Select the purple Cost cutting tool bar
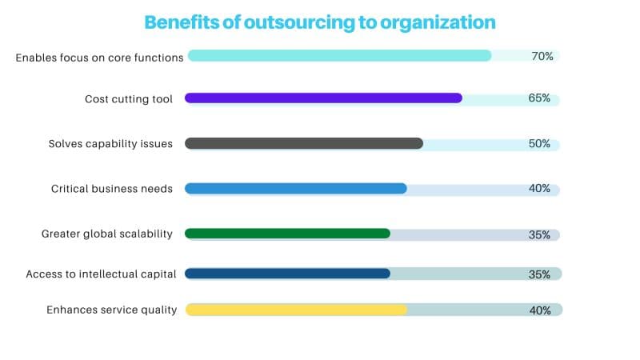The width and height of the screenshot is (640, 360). [x=323, y=98]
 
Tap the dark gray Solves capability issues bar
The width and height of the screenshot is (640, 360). [x=304, y=143]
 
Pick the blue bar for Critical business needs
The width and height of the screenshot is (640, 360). [x=296, y=189]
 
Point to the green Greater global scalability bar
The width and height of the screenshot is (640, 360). [x=287, y=234]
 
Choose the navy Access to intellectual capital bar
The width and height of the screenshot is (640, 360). [x=287, y=274]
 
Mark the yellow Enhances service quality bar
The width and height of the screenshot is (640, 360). [x=296, y=310]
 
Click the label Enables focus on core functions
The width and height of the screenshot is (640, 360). [x=100, y=57]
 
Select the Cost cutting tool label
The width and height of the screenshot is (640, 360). [x=128, y=99]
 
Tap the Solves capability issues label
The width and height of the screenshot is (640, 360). [x=110, y=144]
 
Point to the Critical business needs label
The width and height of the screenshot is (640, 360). [x=111, y=189]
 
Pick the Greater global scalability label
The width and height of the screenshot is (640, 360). [x=107, y=234]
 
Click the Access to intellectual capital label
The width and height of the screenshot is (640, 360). [x=101, y=274]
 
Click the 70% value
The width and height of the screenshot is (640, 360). [x=542, y=56]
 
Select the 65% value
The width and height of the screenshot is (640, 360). [x=539, y=98]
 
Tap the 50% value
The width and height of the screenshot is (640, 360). [x=539, y=144]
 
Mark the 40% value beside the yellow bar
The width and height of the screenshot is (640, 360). [x=539, y=310]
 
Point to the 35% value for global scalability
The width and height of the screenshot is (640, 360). [x=539, y=234]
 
